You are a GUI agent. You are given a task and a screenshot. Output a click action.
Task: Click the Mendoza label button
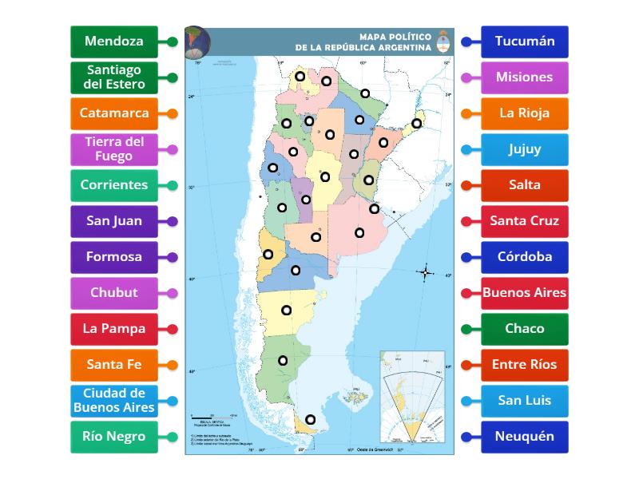tap(113, 42)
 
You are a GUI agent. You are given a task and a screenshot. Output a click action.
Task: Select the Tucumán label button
tap(525, 42)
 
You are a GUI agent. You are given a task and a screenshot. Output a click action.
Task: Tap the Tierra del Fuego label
tap(113, 149)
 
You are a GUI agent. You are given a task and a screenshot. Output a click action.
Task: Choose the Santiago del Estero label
tap(113, 77)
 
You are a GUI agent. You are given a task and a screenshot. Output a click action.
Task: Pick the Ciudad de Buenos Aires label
tap(113, 401)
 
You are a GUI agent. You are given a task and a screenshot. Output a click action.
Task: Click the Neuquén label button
tap(525, 437)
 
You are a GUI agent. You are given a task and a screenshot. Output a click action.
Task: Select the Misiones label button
tap(525, 77)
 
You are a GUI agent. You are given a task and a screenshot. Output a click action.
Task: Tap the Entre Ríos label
tap(525, 365)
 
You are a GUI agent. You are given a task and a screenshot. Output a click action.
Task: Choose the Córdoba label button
tap(525, 257)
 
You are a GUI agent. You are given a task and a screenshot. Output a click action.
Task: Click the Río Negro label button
tap(113, 437)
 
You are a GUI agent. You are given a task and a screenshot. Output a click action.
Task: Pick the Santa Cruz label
tap(525, 221)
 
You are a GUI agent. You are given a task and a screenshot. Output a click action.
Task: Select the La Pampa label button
tap(113, 329)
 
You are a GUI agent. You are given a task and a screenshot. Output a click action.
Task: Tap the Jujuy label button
tap(525, 149)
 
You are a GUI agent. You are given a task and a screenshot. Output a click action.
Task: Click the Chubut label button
tap(113, 293)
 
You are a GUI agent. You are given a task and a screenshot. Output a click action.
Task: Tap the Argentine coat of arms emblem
tap(443, 42)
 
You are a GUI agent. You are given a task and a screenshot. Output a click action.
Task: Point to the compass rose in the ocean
tap(426, 273)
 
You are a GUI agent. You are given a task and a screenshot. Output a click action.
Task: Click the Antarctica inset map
tap(412, 396)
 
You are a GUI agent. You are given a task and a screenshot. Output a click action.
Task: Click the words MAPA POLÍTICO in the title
tap(394, 37)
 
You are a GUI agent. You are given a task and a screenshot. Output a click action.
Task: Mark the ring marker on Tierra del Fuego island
tap(310, 420)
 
